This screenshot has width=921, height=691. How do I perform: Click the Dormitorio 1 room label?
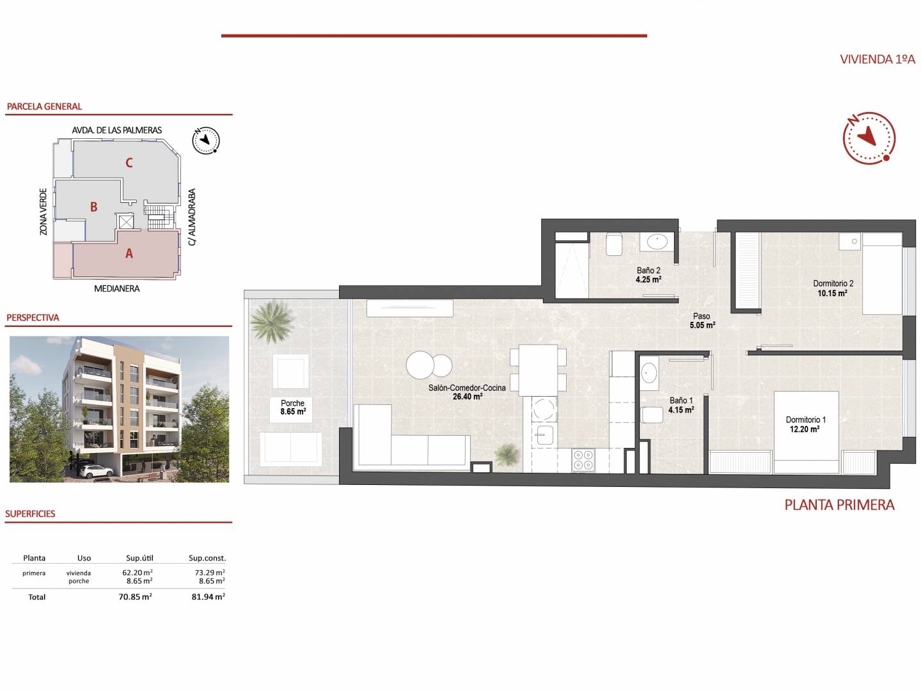pyautogui.click(x=805, y=420)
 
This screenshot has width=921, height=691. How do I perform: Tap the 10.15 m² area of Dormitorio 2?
pyautogui.click(x=832, y=293)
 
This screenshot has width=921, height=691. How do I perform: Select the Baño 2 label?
pyautogui.click(x=649, y=271)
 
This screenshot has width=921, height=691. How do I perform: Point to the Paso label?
pyautogui.click(x=702, y=316)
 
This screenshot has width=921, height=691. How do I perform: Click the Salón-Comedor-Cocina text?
pyautogui.click(x=467, y=388)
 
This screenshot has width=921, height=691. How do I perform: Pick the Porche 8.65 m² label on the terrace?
pyautogui.click(x=293, y=408)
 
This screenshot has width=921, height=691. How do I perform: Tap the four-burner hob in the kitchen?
pyautogui.click(x=583, y=460)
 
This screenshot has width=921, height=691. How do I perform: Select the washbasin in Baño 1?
pyautogui.click(x=649, y=373)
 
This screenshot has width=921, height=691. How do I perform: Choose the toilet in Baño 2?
pyautogui.click(x=614, y=244)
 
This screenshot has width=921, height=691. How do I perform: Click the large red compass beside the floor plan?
pyautogui.click(x=869, y=138)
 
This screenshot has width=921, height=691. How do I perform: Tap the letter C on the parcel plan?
pyautogui.click(x=129, y=163)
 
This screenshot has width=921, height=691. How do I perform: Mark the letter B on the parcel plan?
pyautogui.click(x=93, y=207)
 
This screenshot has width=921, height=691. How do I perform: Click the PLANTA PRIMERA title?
pyautogui.click(x=839, y=505)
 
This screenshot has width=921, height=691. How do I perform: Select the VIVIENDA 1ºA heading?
pyautogui.click(x=878, y=59)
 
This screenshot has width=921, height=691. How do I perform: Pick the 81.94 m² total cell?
pyautogui.click(x=208, y=596)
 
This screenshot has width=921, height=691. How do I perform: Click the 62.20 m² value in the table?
pyautogui.click(x=138, y=572)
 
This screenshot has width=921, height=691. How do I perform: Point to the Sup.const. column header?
pyautogui.click(x=207, y=558)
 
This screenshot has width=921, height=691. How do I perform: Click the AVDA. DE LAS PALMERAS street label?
pyautogui.click(x=116, y=130)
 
